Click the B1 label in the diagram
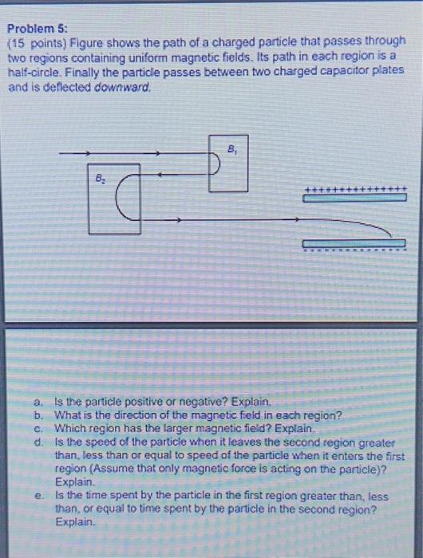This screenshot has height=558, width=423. [x=231, y=148]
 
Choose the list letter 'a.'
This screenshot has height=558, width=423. [x=38, y=404]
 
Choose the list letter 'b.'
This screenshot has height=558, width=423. [x=38, y=415]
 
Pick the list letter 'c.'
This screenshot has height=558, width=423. [x=38, y=427]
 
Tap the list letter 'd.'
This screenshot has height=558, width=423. [x=38, y=439]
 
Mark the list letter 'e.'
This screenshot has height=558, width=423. [x=38, y=495]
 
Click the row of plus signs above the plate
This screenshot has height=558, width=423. [x=354, y=188]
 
